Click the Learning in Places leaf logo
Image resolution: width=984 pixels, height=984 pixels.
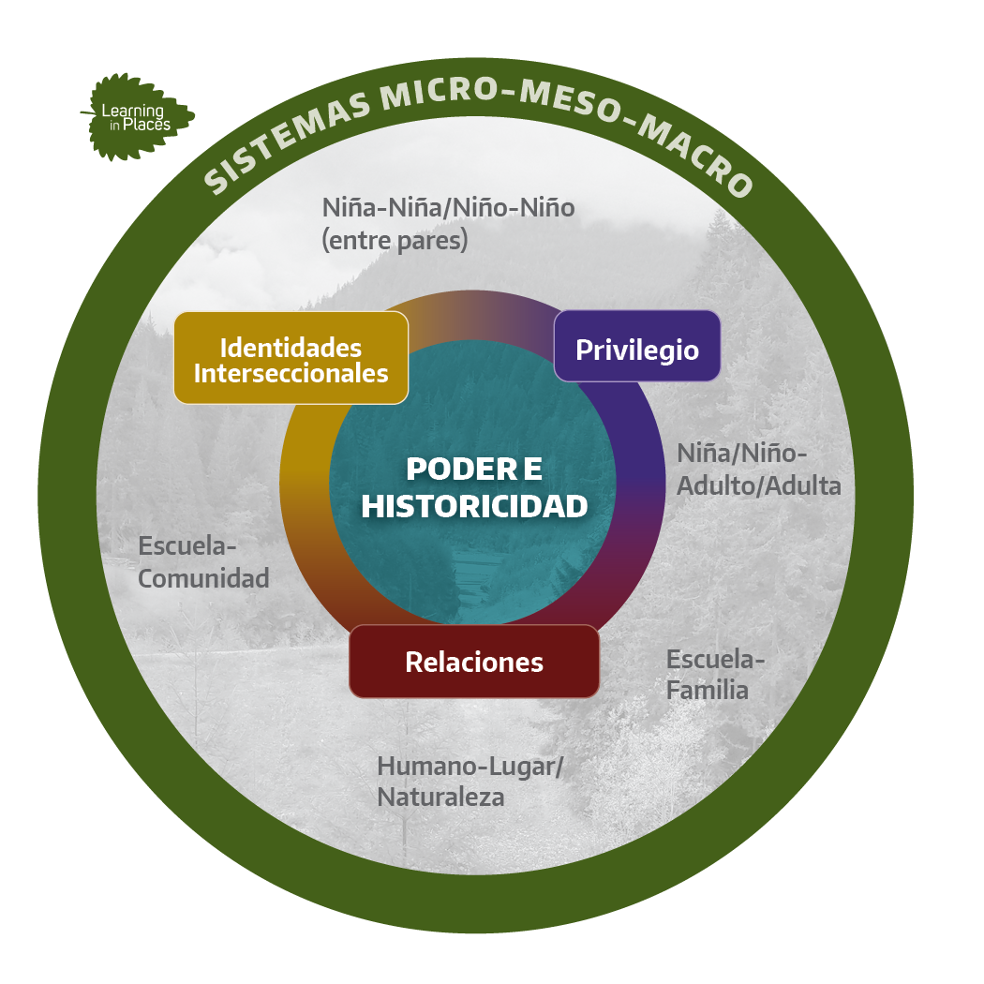tap(138, 117)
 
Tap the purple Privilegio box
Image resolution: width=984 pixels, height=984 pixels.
tap(637, 346)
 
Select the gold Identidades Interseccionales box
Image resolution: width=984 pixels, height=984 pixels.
tap(291, 358)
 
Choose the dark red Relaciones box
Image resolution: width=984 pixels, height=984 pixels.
tap(474, 662)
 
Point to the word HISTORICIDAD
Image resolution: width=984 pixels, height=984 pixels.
tap(474, 506)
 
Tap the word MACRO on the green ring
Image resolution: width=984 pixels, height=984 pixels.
tap(696, 157)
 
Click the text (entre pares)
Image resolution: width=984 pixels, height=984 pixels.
tap(395, 240)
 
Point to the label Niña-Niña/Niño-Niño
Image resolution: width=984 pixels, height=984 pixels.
tap(448, 208)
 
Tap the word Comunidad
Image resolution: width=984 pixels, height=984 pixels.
tap(203, 578)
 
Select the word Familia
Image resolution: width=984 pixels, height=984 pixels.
tap(708, 691)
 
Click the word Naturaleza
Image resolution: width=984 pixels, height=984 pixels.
tap(440, 798)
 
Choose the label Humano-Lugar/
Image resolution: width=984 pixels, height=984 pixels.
tap(470, 767)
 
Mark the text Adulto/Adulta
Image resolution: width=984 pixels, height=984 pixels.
tap(759, 485)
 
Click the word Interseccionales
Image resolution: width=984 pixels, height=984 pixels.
tap(291, 373)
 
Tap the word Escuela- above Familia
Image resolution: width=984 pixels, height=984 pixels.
tap(715, 659)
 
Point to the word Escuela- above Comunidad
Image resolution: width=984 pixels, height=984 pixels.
tap(187, 546)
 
